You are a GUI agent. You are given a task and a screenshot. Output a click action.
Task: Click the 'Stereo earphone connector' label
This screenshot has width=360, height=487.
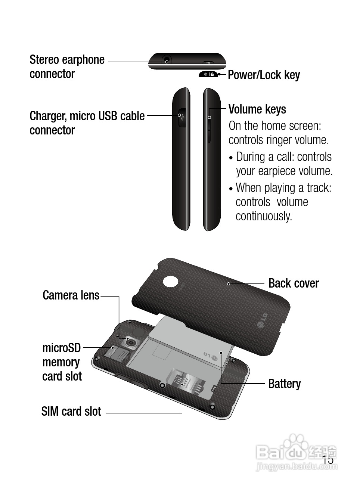[x=67, y=67]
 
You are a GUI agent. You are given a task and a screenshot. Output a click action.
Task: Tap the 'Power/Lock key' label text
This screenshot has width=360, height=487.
[x=264, y=75]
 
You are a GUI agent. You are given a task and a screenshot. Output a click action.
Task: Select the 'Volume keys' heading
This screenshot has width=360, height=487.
[x=257, y=109]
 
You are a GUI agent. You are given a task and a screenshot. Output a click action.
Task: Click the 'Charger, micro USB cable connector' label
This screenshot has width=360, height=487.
[x=87, y=123]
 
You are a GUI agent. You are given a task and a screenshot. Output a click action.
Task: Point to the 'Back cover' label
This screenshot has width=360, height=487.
[x=294, y=283]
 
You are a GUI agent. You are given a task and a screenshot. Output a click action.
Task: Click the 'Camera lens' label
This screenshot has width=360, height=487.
[x=71, y=295]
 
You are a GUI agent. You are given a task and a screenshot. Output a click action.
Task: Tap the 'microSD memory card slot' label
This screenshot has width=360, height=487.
[x=62, y=362]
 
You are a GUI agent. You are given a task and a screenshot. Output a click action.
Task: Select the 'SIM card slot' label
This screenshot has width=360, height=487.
[x=71, y=412]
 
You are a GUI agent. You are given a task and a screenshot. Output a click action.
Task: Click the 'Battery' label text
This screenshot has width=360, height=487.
[x=284, y=384]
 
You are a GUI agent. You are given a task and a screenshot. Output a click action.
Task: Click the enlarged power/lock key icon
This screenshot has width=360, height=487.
[x=208, y=74]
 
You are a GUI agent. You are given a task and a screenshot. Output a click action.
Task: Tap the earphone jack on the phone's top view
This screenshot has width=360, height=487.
[x=167, y=61]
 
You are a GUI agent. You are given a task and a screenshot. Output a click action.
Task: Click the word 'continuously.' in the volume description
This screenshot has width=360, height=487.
[x=264, y=216]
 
